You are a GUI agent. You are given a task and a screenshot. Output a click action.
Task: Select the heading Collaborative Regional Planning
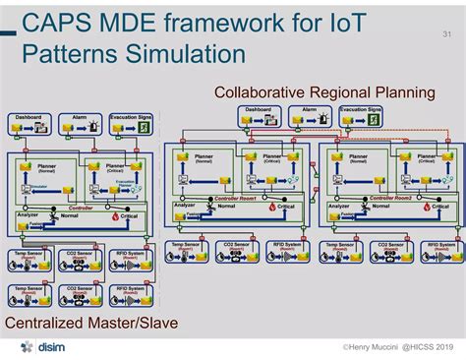(x=324, y=92)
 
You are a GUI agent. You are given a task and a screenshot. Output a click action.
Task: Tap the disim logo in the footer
(x=42, y=347)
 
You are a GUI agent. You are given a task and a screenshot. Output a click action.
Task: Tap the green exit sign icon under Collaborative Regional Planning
(x=375, y=120)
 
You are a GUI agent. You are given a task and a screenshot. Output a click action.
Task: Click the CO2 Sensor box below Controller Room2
(x=389, y=251)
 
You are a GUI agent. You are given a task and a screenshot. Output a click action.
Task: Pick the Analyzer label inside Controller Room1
(x=186, y=206)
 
